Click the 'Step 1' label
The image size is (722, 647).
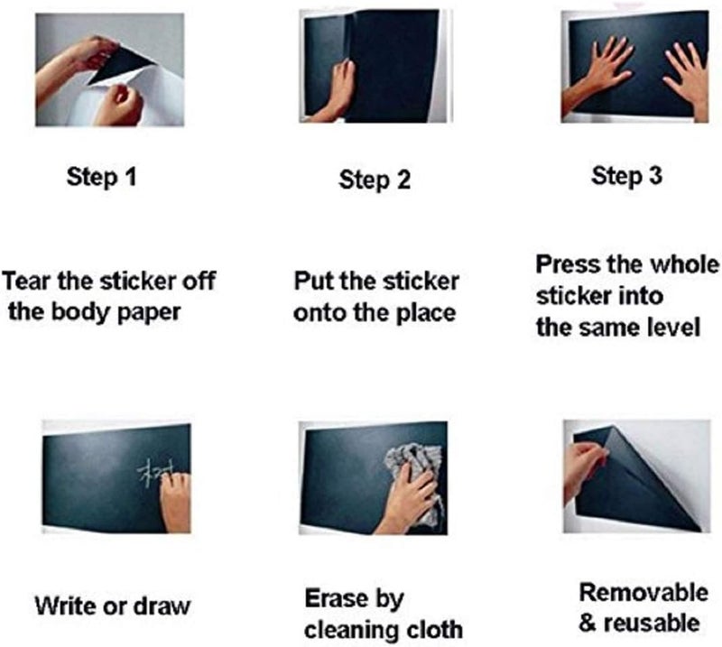click(x=102, y=177)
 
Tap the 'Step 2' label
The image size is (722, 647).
click(x=375, y=180)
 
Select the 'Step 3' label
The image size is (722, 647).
click(x=626, y=176)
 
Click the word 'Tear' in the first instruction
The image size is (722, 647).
click(x=26, y=280)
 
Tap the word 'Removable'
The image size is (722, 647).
click(x=643, y=593)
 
